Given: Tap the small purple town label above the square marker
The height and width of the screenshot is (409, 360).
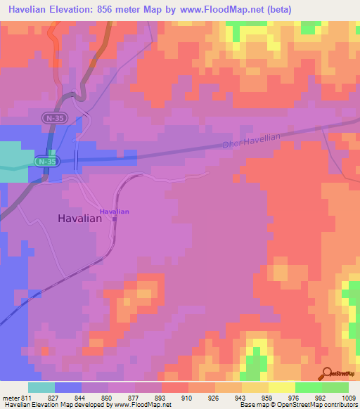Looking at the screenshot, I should [x=114, y=211].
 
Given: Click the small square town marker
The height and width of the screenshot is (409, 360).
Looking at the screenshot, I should [x=115, y=218].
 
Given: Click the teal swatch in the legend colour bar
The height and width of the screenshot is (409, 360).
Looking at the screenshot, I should [x=41, y=387].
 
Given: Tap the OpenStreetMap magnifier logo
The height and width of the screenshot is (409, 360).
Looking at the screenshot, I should [x=327, y=373].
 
